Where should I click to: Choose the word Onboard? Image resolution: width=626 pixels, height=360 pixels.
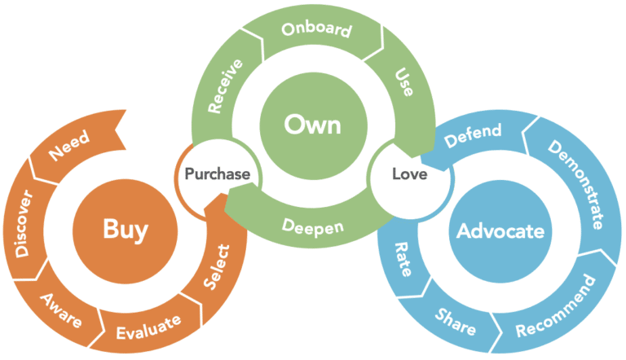click(x=316, y=30)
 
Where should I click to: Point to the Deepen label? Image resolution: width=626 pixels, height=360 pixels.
click(x=314, y=227)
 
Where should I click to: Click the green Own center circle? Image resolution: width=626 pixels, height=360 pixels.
click(x=312, y=125)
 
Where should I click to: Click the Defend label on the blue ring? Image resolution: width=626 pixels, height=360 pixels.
click(x=474, y=136)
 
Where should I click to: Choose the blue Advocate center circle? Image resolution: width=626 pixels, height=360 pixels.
click(x=500, y=230)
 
